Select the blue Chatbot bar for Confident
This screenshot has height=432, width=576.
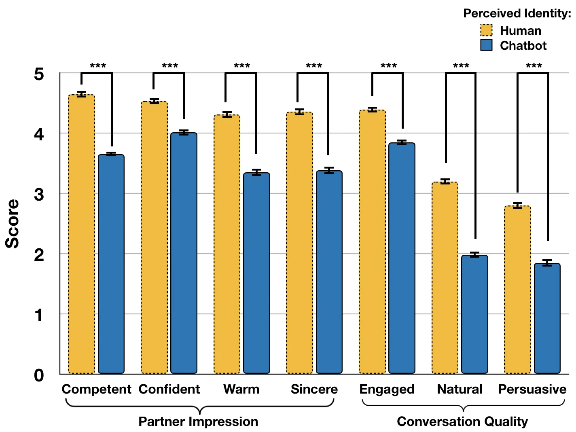[x=184, y=253]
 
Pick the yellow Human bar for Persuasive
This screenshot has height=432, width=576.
[x=517, y=289]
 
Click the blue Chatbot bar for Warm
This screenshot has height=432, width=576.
[x=256, y=273]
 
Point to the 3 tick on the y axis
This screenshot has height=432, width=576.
[x=39, y=194]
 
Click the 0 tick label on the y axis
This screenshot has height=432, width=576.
[x=39, y=375]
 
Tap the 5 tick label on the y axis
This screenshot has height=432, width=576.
[x=39, y=74]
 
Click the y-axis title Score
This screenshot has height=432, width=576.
[x=12, y=224]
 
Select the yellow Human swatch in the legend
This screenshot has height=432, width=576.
[x=486, y=30]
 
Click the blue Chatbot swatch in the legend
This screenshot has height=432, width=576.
[x=486, y=45]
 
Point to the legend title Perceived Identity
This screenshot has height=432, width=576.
[x=517, y=13]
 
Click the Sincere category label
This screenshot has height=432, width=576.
[x=314, y=389]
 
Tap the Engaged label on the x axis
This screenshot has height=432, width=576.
[x=387, y=389]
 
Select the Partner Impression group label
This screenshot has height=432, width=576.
[x=198, y=421]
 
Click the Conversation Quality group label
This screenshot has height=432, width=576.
[x=462, y=421]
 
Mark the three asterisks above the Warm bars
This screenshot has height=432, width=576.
[x=241, y=66]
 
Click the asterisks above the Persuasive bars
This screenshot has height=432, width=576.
[x=534, y=66]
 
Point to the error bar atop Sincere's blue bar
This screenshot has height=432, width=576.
[x=329, y=170]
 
